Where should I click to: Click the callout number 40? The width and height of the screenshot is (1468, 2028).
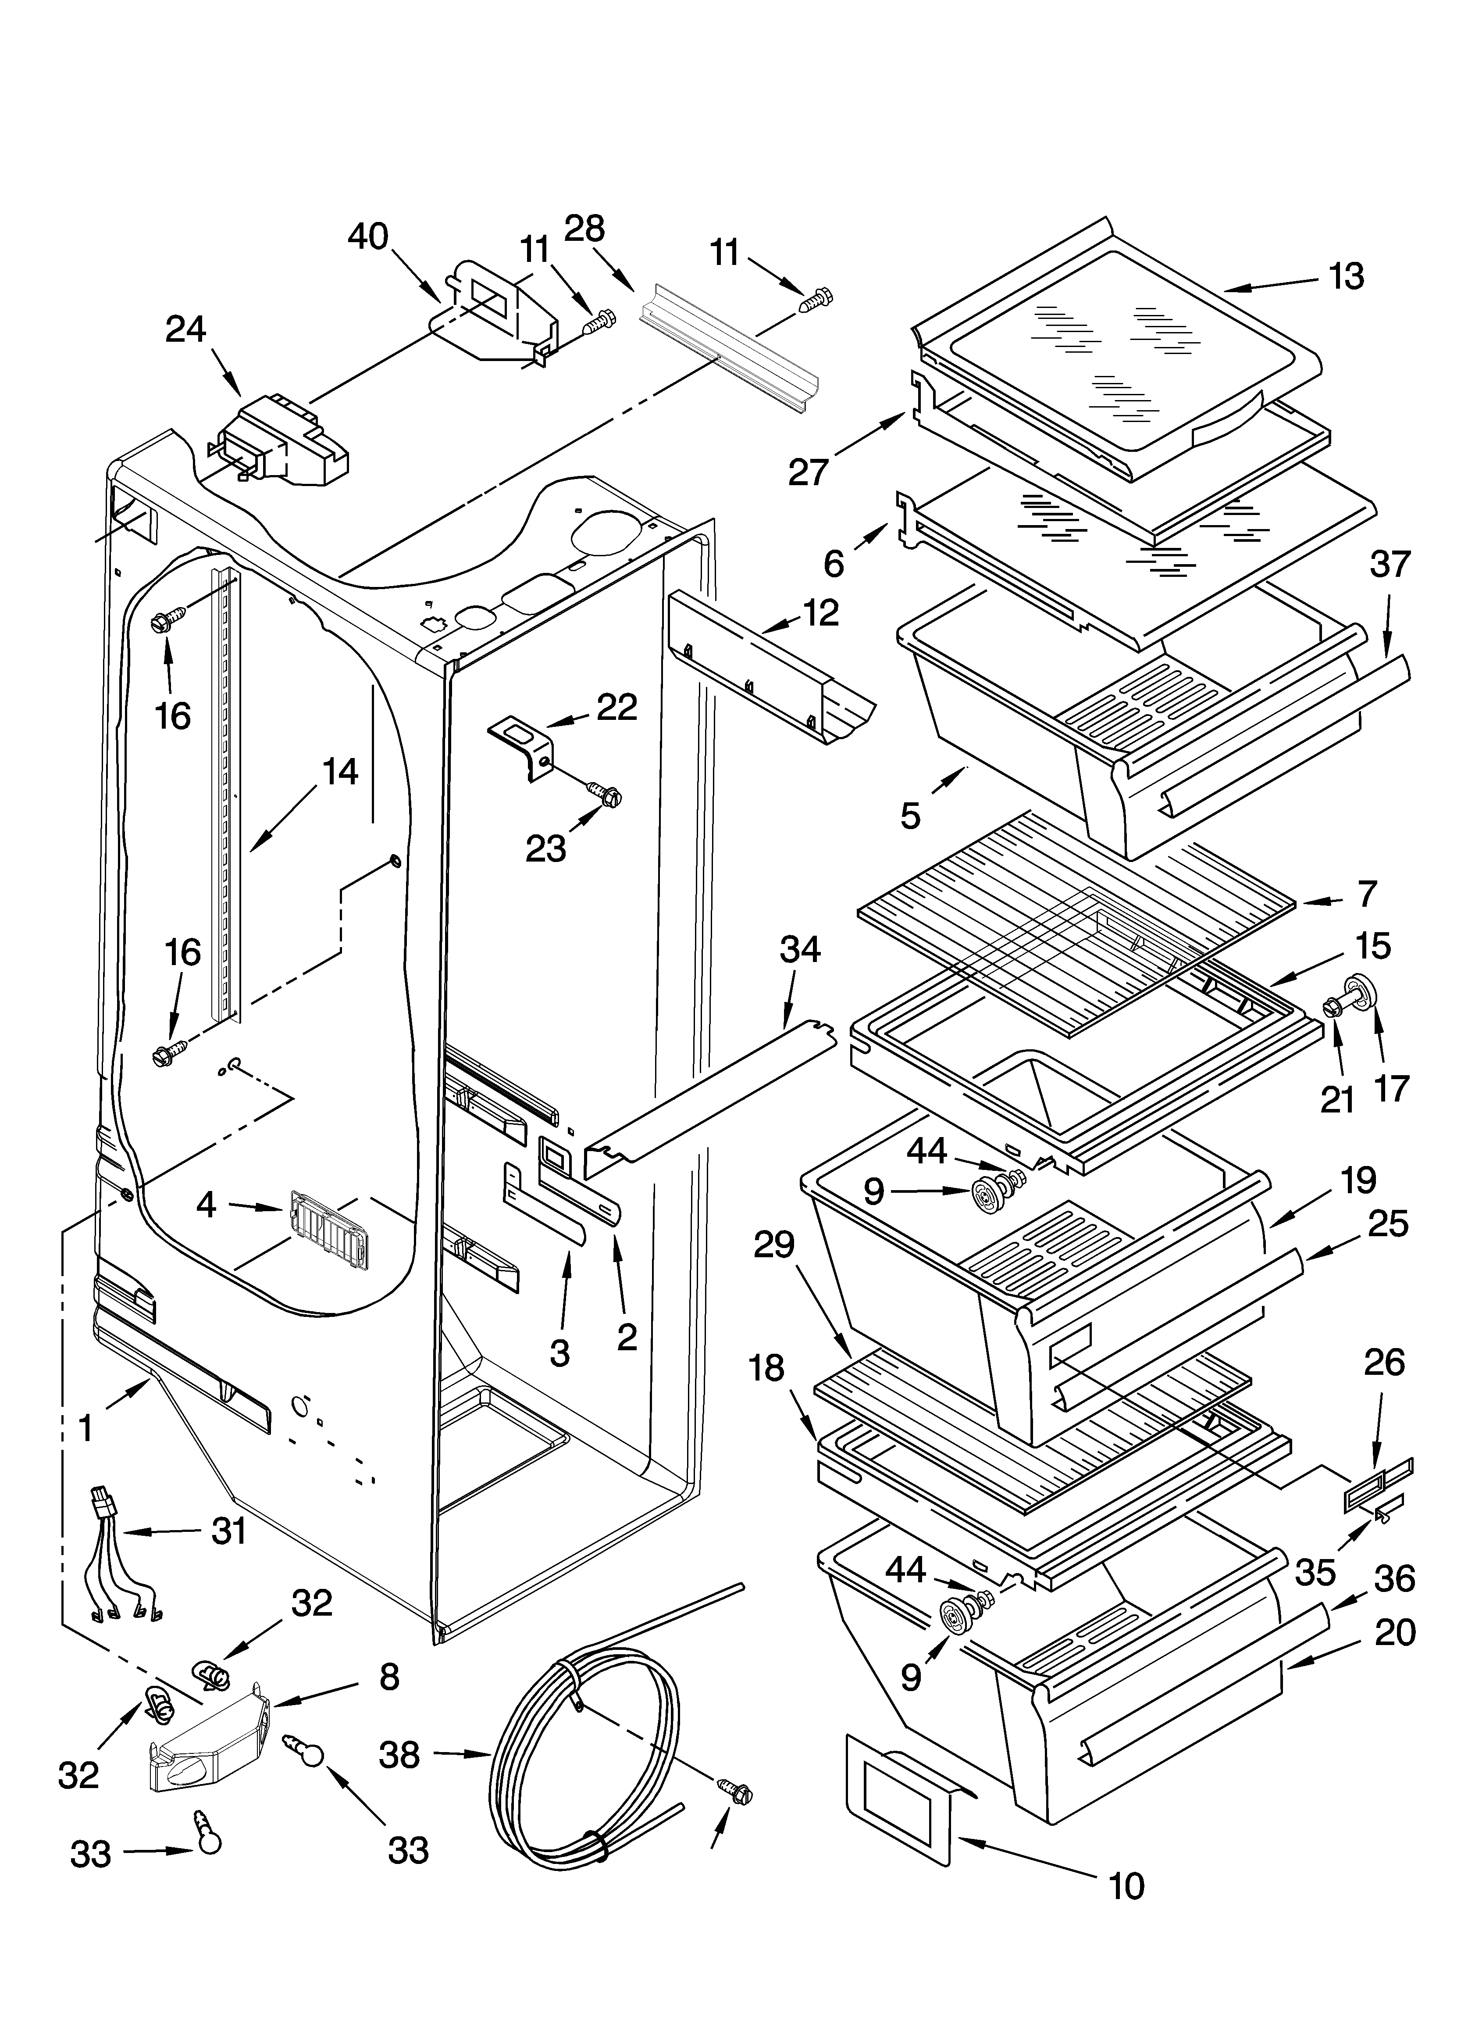coord(367,237)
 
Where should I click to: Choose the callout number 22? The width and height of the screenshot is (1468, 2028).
coord(617,707)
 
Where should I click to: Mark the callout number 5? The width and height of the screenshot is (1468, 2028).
coord(910,815)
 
